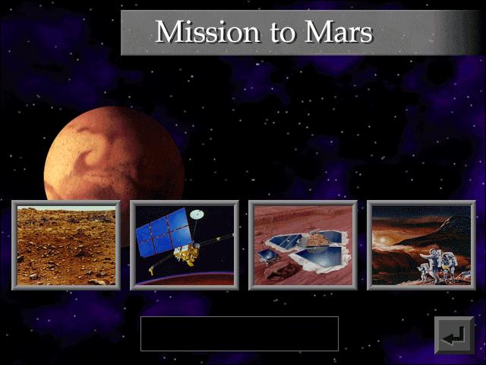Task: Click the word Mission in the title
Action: click(207, 32)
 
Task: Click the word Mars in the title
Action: click(339, 32)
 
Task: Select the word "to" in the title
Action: click(282, 33)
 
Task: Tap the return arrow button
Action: click(454, 335)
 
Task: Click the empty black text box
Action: click(239, 334)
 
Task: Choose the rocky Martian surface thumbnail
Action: click(66, 245)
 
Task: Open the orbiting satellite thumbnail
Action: click(185, 245)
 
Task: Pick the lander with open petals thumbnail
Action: click(303, 245)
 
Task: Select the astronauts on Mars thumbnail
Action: click(421, 245)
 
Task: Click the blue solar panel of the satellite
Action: click(164, 233)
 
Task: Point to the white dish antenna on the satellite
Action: click(197, 214)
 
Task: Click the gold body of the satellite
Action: click(187, 253)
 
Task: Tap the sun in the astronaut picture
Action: click(382, 240)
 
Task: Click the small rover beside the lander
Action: click(267, 256)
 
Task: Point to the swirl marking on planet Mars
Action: click(93, 149)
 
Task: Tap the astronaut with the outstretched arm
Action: click(431, 264)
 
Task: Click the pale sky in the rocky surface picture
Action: click(66, 208)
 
